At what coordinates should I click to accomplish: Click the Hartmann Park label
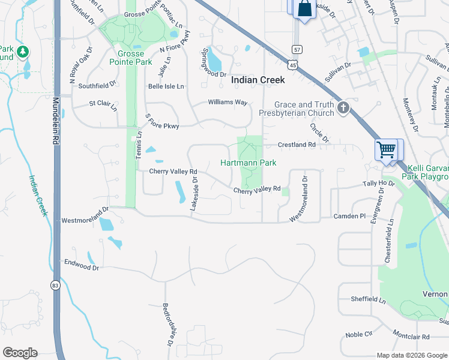tap(248, 163)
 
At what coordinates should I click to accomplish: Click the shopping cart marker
tap(386, 149)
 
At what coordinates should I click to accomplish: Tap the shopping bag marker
tap(304, 9)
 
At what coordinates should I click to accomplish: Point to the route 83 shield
tap(56, 285)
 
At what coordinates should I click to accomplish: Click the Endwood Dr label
tap(81, 264)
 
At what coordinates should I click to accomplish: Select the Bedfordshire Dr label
tap(167, 324)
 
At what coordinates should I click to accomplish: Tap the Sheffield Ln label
tap(369, 299)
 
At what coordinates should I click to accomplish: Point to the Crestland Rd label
tap(297, 145)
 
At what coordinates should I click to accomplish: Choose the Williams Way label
tap(228, 102)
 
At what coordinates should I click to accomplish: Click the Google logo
tap(20, 353)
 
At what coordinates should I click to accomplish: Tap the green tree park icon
tap(23, 52)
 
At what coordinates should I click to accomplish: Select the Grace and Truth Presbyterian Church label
tap(304, 109)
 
